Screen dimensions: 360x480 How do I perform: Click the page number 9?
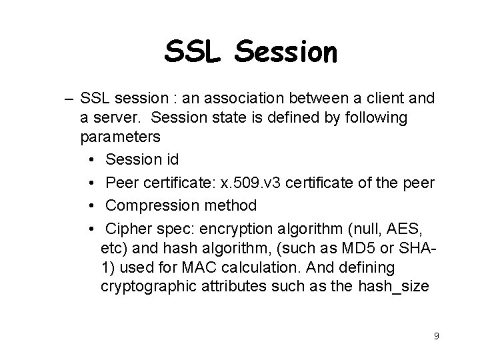(x=436, y=336)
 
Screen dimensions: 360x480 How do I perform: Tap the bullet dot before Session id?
(x=90, y=160)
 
